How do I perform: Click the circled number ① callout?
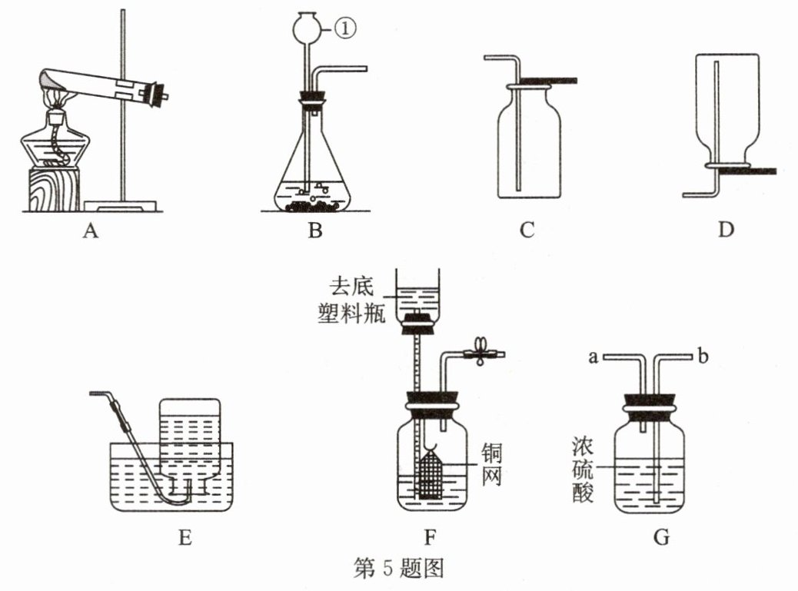pos(345,28)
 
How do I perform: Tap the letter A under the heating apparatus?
pos(90,231)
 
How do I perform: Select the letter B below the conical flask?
pos(315,231)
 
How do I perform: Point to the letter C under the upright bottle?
pos(527,230)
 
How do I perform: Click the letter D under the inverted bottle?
pos(726,230)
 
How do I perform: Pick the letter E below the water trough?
pos(185,538)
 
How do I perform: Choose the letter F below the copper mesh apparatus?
pos(431,538)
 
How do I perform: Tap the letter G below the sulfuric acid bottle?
pos(661,537)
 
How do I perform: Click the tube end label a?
pos(593,357)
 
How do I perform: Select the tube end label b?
pos(703,356)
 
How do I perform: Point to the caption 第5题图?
pos(398,568)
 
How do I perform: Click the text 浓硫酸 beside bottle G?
pos(583,469)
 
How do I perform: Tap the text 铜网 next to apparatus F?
pos(492,464)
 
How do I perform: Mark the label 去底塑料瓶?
pos(351,300)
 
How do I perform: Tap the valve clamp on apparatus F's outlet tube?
pos(480,351)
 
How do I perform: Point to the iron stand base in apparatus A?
pos(120,205)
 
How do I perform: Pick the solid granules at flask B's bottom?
pos(312,206)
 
